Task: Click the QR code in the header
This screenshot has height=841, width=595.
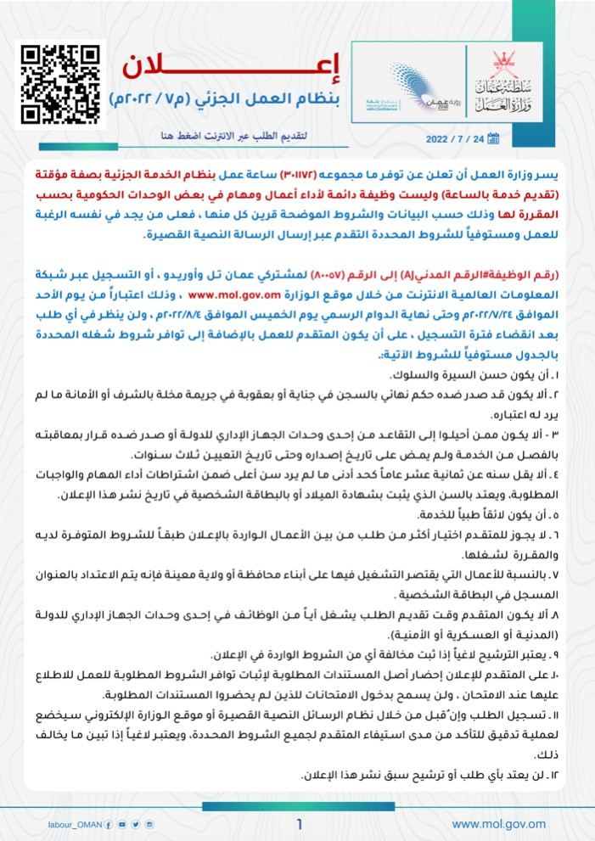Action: pos(59,82)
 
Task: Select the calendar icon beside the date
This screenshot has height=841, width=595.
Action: pos(492,138)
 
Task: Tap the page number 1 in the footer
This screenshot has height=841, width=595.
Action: pos(299,823)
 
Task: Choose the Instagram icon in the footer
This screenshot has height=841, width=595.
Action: pos(149,824)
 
